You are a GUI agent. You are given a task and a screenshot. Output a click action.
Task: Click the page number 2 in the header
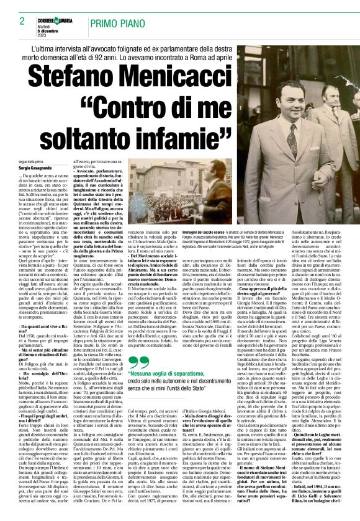(x=22, y=21)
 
